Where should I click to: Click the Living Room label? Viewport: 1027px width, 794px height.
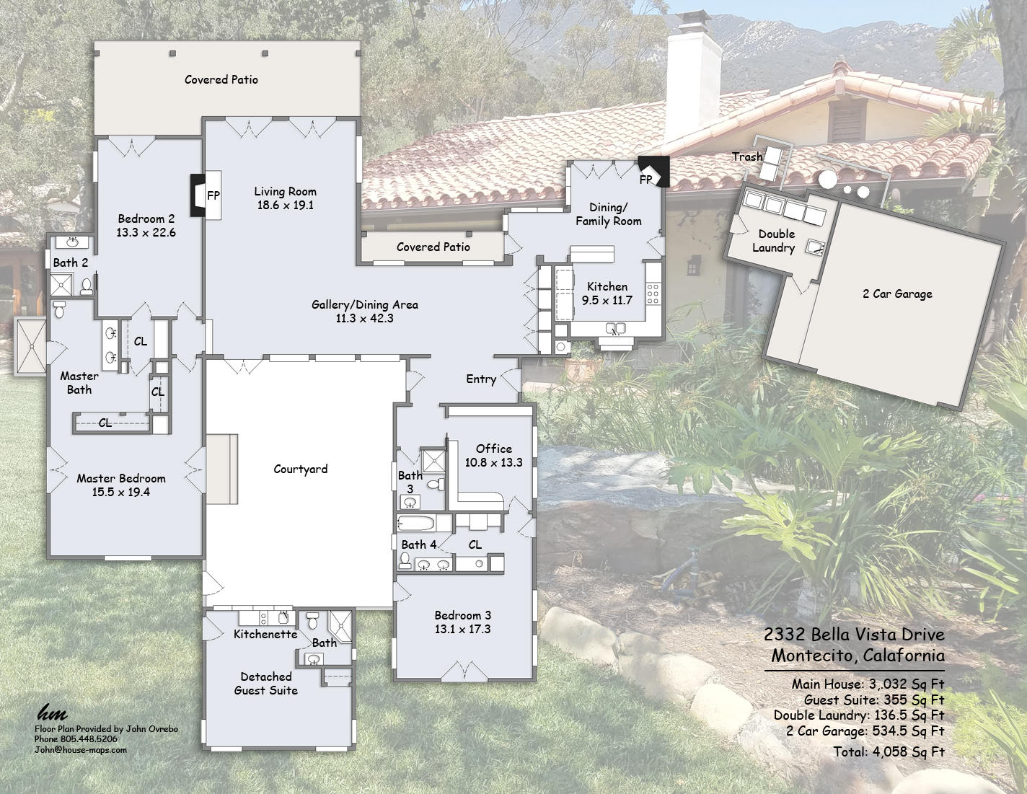[285, 192]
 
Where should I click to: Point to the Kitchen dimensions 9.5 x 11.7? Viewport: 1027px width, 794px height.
[607, 301]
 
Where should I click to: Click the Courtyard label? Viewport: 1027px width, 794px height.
[300, 469]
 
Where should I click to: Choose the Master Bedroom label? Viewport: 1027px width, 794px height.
[121, 479]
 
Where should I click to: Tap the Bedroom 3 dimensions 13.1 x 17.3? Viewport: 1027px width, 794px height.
[462, 630]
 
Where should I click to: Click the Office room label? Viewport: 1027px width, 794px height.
[493, 449]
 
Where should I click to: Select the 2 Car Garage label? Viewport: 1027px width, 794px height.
[897, 294]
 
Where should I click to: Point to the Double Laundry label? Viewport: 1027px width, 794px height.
[774, 241]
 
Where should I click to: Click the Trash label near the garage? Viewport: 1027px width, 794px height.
[746, 157]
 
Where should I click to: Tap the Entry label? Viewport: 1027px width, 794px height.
[481, 379]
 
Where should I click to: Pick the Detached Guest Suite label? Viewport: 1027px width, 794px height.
[266, 684]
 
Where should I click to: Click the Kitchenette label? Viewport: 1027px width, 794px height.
[265, 635]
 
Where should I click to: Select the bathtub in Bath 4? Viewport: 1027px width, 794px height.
[415, 524]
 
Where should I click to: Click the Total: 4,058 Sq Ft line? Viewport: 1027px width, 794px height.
[888, 752]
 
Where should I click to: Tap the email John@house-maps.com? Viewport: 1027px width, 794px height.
[80, 750]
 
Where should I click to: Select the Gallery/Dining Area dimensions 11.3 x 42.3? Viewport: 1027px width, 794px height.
[364, 319]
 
